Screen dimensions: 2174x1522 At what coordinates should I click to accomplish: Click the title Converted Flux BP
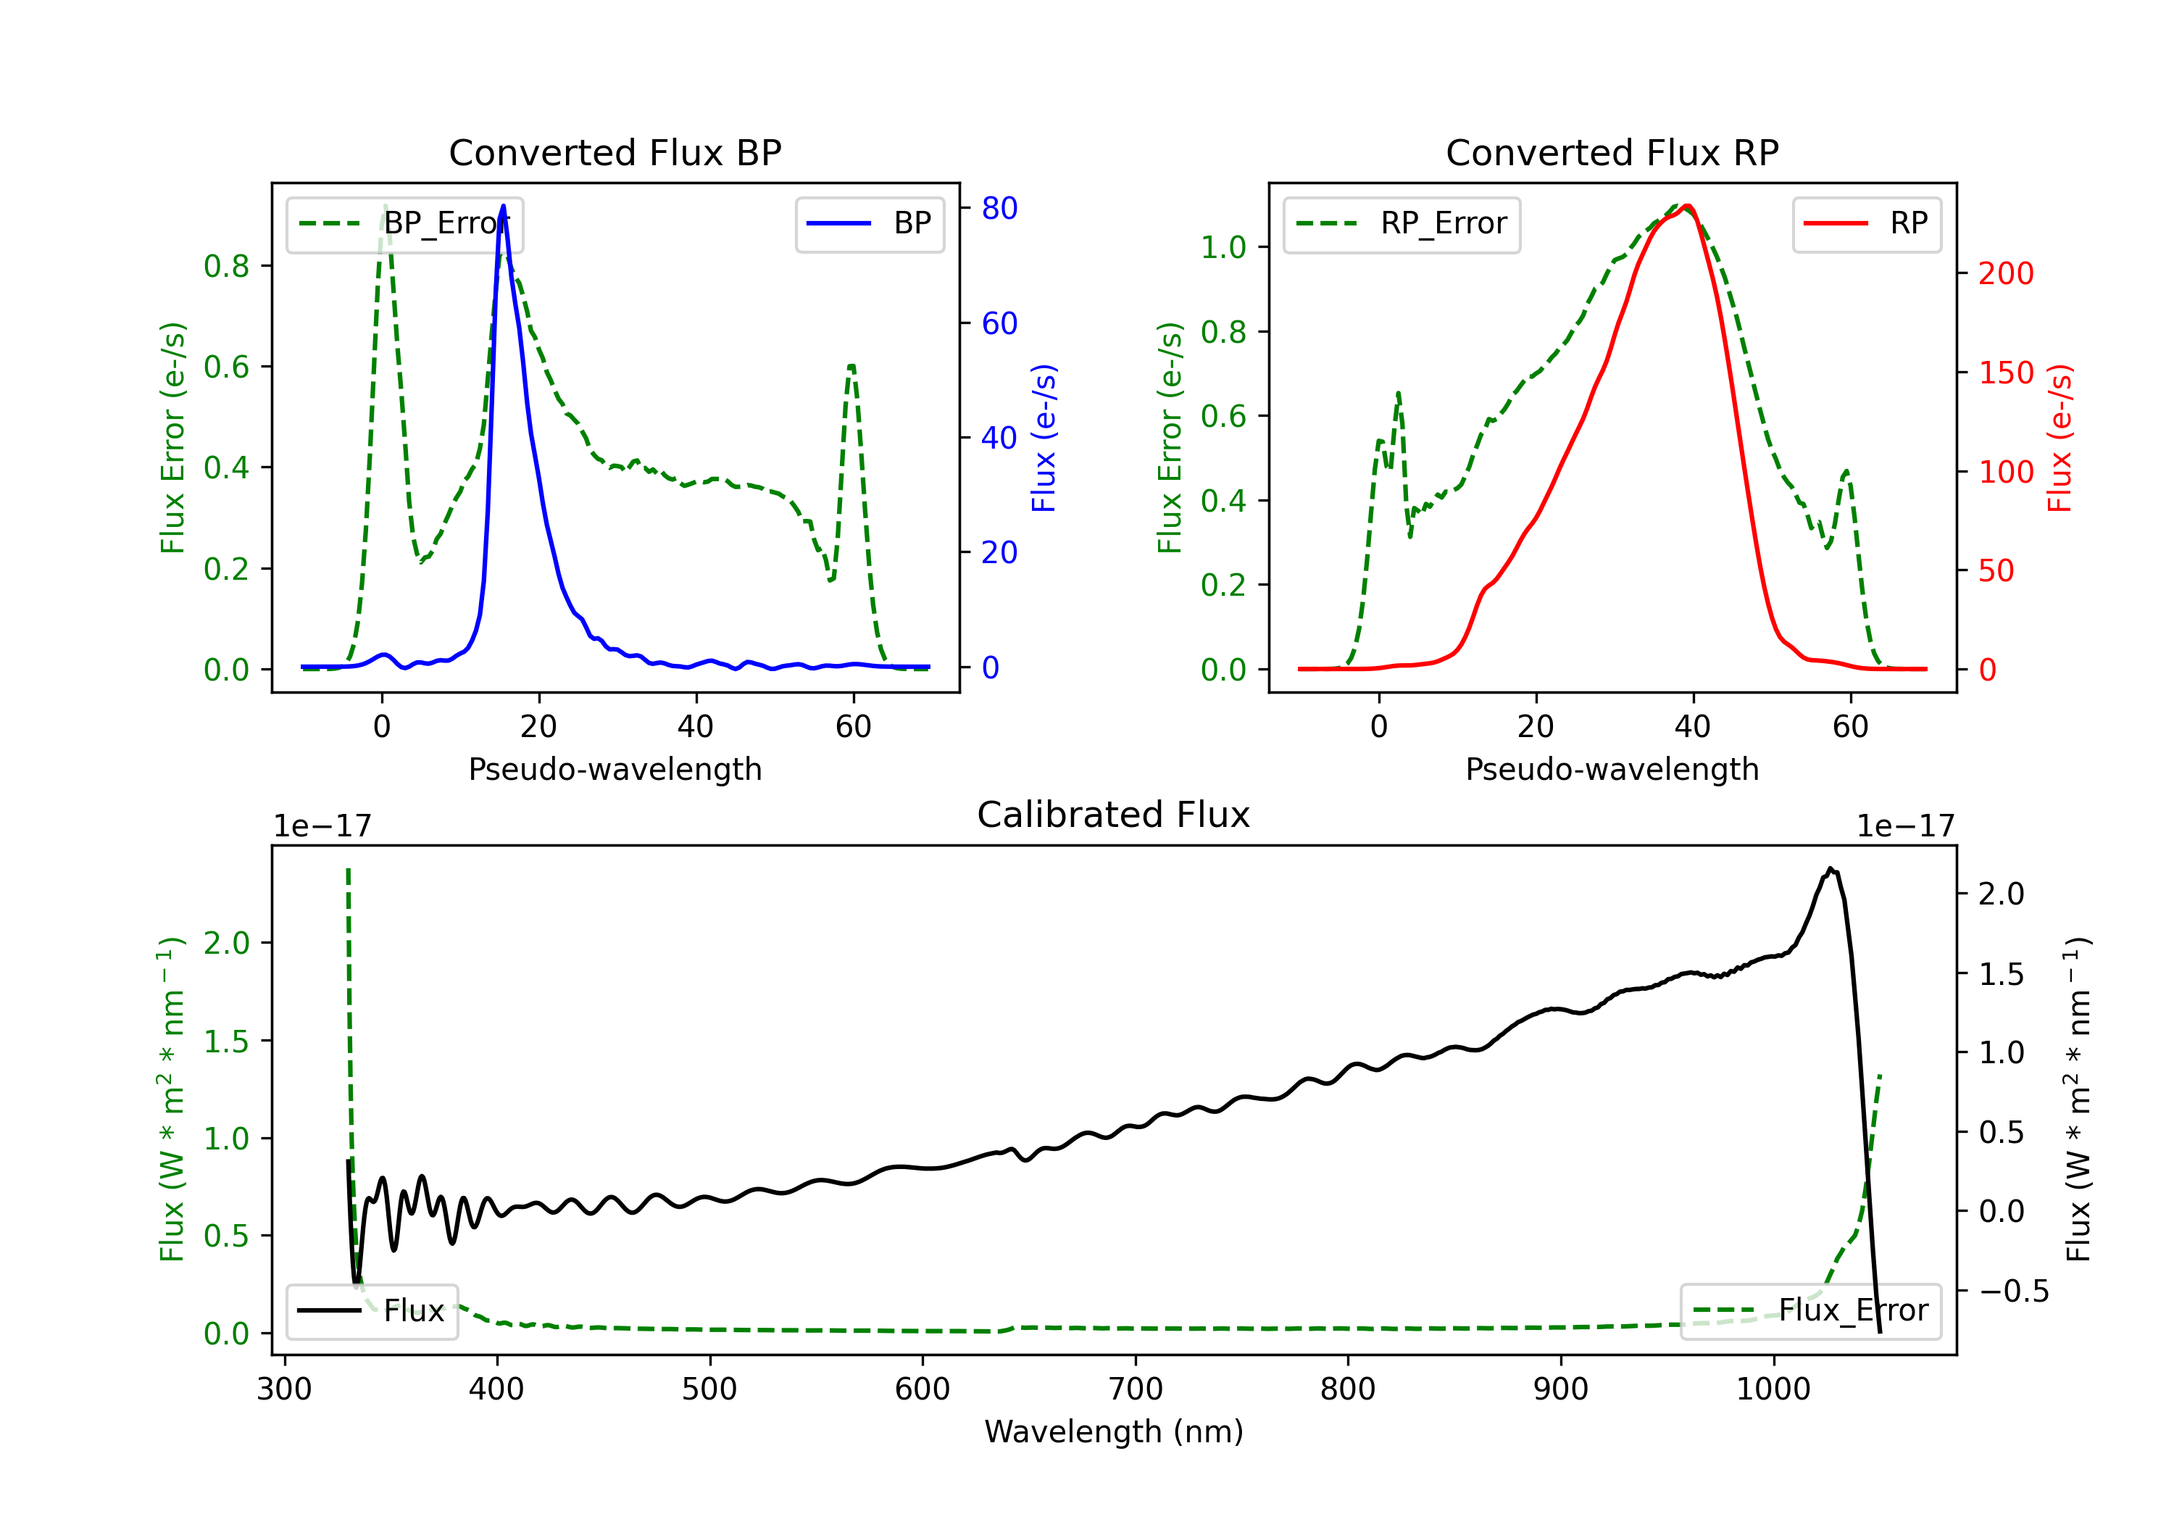[x=615, y=152]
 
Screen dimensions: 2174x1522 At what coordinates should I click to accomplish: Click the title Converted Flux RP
[x=1612, y=152]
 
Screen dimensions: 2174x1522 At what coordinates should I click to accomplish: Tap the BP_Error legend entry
[x=404, y=223]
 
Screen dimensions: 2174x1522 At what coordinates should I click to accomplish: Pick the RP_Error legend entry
[x=1402, y=223]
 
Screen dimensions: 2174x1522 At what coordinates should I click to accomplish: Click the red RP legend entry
[x=1866, y=223]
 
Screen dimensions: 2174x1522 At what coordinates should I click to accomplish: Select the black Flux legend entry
[x=372, y=1311]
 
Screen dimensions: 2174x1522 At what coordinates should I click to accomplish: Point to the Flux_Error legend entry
[x=1809, y=1311]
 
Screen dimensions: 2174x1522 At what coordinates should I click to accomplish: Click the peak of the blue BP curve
[x=503, y=206]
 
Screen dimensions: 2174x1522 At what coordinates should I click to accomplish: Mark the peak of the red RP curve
[x=1687, y=206]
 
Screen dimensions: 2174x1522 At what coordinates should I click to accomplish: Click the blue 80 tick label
[x=999, y=208]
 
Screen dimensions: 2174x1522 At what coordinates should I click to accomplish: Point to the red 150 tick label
[x=2005, y=373]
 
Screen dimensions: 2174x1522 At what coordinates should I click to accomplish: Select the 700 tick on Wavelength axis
[x=1136, y=1389]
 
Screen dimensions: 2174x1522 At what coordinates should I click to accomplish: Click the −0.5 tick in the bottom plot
[x=2013, y=1291]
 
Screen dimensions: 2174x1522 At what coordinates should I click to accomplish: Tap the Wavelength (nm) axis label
[x=1114, y=1432]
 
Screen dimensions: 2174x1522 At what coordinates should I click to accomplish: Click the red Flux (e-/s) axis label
[x=2060, y=438]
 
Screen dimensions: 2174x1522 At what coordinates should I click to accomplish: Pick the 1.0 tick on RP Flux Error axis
[x=1223, y=247]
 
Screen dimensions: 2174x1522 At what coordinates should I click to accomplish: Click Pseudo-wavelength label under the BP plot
[x=615, y=769]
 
